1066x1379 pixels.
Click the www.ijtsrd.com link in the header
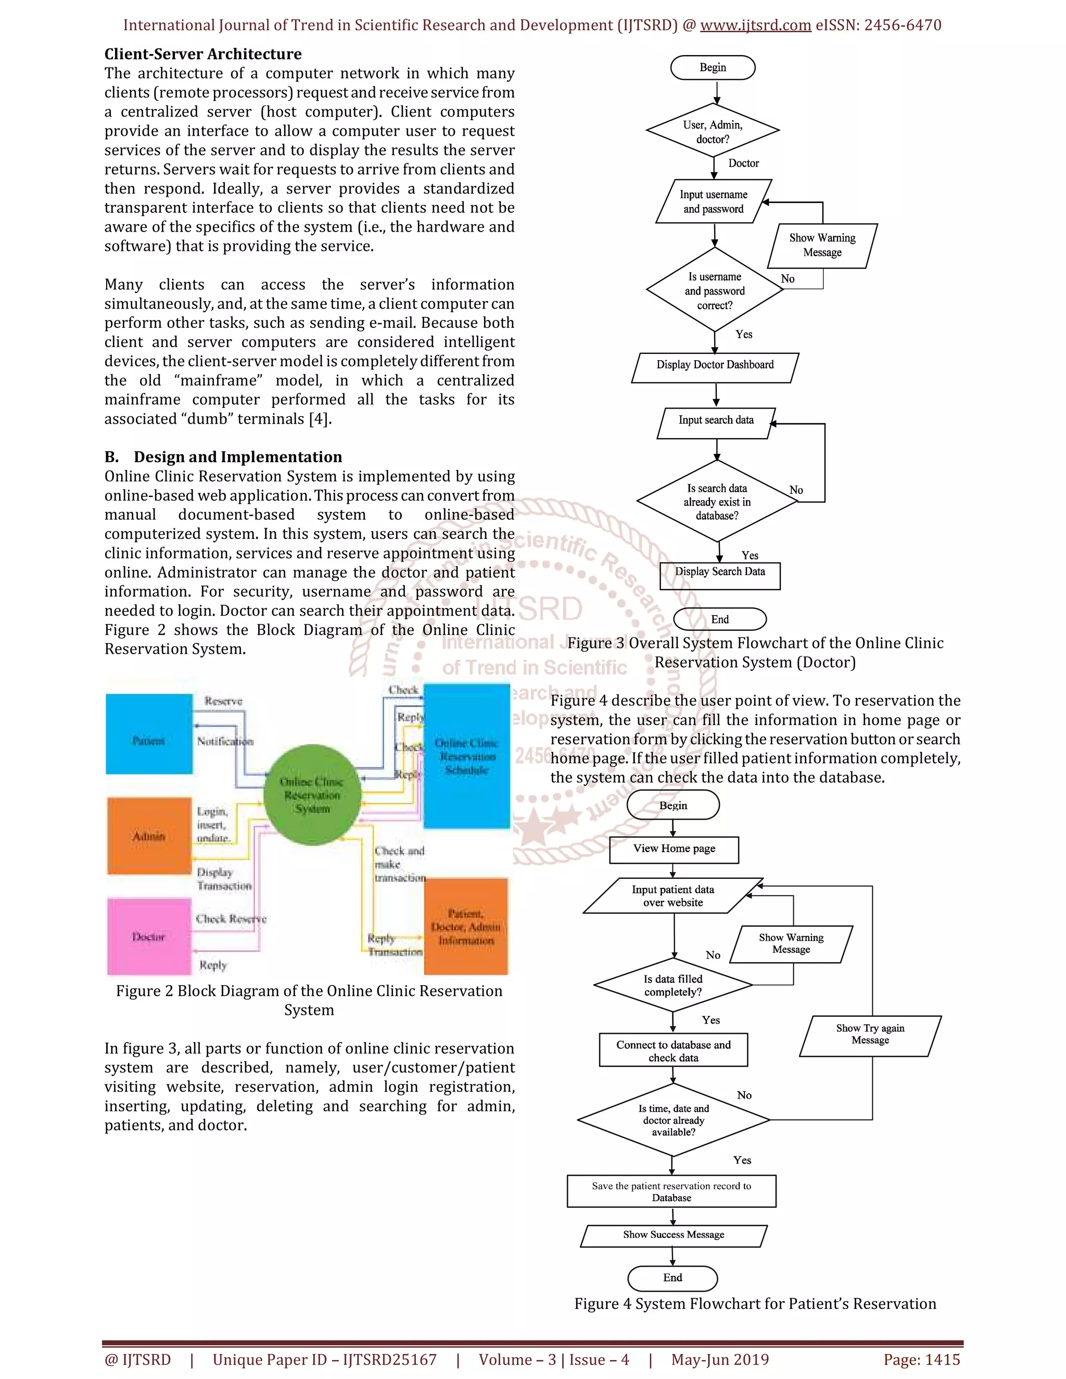click(x=755, y=25)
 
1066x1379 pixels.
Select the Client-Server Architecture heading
click(x=202, y=54)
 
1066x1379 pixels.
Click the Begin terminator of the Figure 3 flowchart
click(x=713, y=68)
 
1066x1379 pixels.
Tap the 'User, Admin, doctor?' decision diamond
click(x=713, y=131)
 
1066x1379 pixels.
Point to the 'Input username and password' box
click(x=714, y=201)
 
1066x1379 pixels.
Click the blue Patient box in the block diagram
click(x=149, y=734)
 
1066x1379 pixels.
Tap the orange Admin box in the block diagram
click(x=149, y=836)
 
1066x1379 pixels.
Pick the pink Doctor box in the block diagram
click(x=149, y=936)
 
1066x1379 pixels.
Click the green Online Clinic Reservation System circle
click(x=312, y=794)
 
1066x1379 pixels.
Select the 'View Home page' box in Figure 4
click(x=674, y=849)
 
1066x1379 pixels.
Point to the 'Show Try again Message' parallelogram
click(x=870, y=1036)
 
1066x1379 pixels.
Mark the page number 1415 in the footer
click(x=921, y=1359)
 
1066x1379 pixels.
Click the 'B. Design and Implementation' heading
click(x=223, y=457)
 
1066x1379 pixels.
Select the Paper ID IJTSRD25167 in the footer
click(x=325, y=1359)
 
